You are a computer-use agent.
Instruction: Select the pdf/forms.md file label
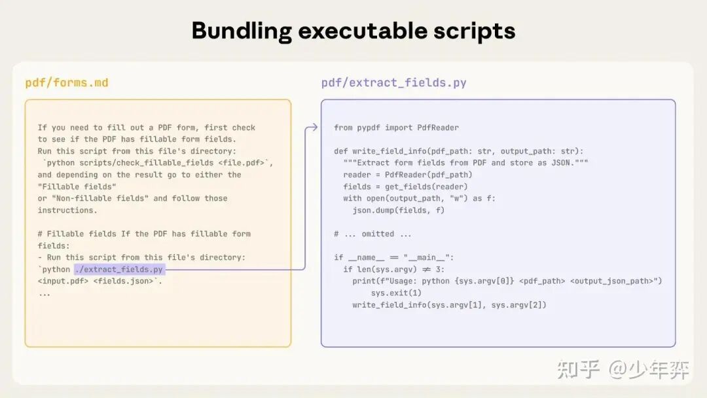coord(67,82)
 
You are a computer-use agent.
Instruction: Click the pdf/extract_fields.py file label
coord(393,82)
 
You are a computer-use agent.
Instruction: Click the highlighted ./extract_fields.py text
coord(119,269)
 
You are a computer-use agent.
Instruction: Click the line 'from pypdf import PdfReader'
coord(396,128)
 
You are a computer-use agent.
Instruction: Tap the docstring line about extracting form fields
coord(465,163)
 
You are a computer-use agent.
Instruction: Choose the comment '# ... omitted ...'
coord(373,234)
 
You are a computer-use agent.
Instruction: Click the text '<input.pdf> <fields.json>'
coord(98,281)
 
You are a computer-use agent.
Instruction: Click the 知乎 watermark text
coord(579,371)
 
